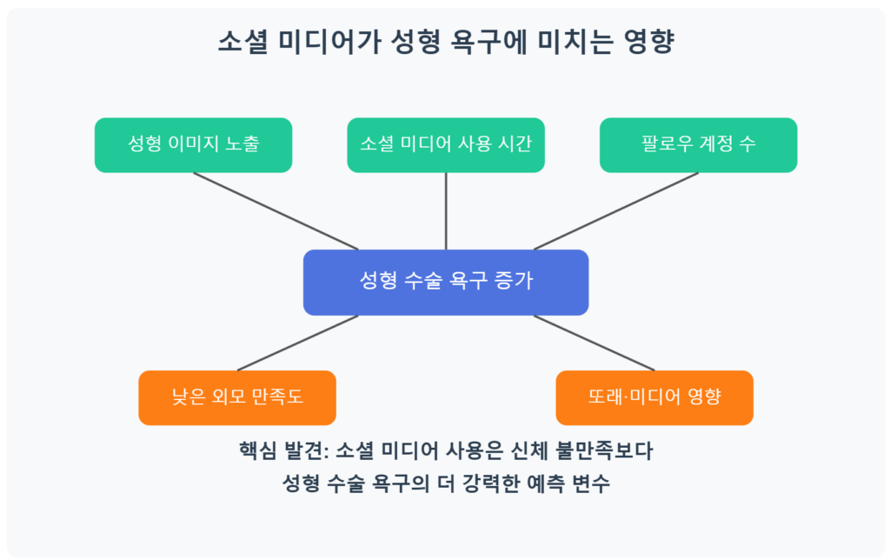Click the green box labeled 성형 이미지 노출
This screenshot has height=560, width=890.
(x=193, y=145)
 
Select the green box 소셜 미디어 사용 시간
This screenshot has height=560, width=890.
(x=446, y=145)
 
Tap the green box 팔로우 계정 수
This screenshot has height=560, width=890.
(x=698, y=145)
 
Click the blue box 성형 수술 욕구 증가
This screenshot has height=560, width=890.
(x=446, y=283)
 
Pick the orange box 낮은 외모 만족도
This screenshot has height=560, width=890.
(x=237, y=397)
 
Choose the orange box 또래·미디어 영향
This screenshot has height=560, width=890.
(x=654, y=397)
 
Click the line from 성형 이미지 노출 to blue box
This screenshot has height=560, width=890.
(x=276, y=211)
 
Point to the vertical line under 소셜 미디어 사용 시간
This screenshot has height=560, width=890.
(x=446, y=211)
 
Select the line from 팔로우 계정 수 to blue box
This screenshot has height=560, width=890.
(x=616, y=211)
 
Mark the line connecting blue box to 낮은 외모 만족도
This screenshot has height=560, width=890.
(x=298, y=343)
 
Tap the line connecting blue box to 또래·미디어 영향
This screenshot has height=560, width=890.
(x=594, y=343)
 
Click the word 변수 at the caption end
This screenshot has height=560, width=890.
(x=591, y=483)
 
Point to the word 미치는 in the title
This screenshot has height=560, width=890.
(x=575, y=42)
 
